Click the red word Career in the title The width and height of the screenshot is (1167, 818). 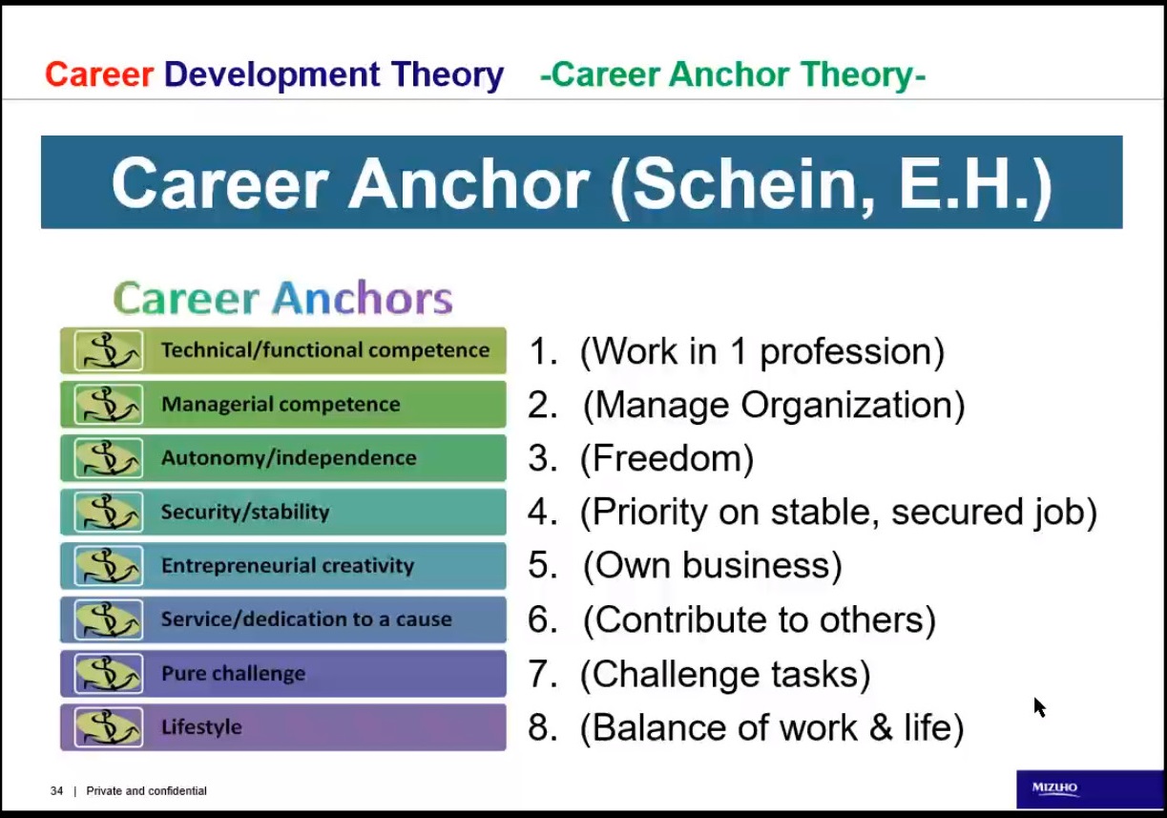[99, 74]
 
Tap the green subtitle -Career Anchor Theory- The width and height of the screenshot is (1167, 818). [733, 75]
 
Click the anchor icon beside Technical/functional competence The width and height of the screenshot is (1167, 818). [109, 350]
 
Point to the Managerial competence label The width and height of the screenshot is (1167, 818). [281, 405]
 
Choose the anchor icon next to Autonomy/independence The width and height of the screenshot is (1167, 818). [109, 458]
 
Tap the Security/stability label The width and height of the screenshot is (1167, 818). [245, 513]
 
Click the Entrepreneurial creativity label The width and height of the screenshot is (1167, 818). [288, 566]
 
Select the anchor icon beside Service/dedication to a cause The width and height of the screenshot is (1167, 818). [109, 620]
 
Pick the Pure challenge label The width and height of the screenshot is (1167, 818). [234, 674]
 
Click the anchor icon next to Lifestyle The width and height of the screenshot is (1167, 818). [109, 727]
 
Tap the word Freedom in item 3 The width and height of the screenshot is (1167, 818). [666, 458]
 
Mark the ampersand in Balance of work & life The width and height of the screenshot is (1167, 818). [881, 727]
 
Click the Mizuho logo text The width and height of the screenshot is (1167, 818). [1054, 787]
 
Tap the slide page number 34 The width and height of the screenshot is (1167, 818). [56, 791]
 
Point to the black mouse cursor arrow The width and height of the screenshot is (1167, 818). [1040, 707]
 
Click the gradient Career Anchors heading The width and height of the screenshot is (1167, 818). [282, 298]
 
